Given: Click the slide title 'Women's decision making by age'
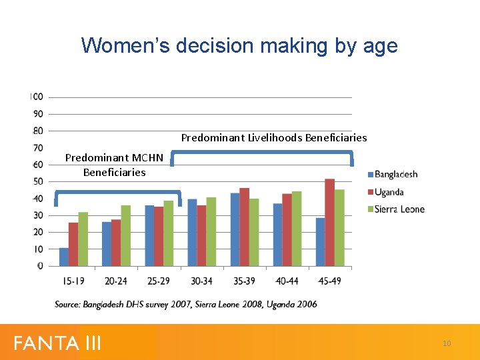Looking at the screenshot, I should pyautogui.click(x=239, y=45).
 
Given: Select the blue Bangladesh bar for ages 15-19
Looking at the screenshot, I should pyautogui.click(x=64, y=257).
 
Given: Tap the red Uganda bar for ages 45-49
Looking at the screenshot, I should pyautogui.click(x=329, y=223).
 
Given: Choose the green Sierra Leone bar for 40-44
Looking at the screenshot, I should pyautogui.click(x=297, y=229).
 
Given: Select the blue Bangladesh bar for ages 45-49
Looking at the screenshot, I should pyautogui.click(x=320, y=241).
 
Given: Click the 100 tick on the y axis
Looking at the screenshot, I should pyautogui.click(x=37, y=97).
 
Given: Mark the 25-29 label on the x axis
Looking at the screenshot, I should pyautogui.click(x=159, y=281).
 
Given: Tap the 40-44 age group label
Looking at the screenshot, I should pyautogui.click(x=287, y=281).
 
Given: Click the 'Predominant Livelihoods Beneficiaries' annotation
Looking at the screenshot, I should pyautogui.click(x=274, y=138).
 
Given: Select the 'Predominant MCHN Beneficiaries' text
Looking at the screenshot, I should pyautogui.click(x=114, y=165).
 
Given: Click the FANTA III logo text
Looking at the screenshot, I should pyautogui.click(x=57, y=343).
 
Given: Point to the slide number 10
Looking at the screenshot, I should pyautogui.click(x=447, y=343).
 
